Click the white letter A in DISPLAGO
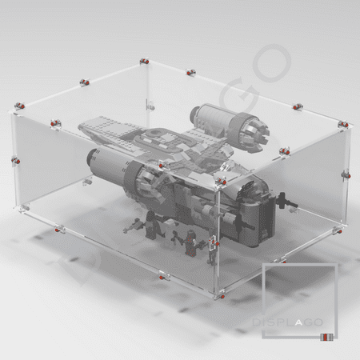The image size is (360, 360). tap(298, 322)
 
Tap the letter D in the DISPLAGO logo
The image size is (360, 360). tap(256, 322)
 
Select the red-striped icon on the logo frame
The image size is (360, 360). tap(326, 337)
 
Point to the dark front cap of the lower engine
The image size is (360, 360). tap(90, 158)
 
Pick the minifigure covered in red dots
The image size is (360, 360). tap(190, 242)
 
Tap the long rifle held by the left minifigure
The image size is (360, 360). tap(133, 226)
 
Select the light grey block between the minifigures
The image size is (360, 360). tap(169, 226)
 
